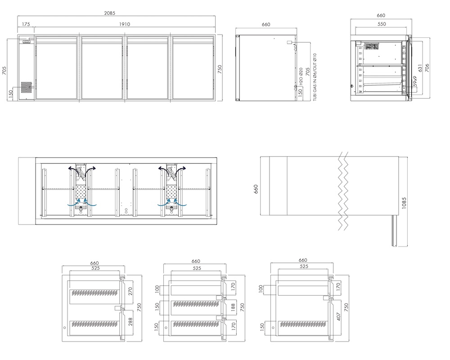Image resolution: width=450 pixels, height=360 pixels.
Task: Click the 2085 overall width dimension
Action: click(x=110, y=13)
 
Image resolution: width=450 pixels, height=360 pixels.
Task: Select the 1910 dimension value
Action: click(x=125, y=24)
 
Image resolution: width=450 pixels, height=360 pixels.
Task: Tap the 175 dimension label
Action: click(x=26, y=24)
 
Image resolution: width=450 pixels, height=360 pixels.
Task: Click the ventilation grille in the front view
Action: click(x=26, y=88)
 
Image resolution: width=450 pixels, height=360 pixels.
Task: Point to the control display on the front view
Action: click(x=26, y=42)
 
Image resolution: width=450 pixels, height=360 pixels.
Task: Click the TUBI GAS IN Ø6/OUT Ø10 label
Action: click(x=315, y=77)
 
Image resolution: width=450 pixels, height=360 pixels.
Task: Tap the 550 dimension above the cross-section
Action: click(x=382, y=24)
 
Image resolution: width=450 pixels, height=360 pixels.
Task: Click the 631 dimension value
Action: click(x=420, y=68)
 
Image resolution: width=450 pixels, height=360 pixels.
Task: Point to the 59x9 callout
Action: click(x=415, y=81)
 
